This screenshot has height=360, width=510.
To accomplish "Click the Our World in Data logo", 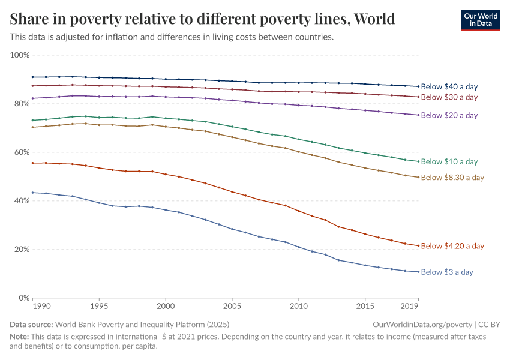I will [480, 20].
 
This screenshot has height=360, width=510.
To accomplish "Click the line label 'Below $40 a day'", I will [449, 87].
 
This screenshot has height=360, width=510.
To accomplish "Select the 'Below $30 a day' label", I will [449, 97].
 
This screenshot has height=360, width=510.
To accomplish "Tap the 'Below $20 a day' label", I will [449, 115].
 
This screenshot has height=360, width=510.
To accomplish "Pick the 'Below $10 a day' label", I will [449, 162].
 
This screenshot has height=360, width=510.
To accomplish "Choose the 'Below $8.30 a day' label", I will [452, 178].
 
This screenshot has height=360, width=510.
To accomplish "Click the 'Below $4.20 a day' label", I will [452, 246].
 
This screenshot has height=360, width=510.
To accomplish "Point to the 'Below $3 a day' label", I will [447, 272].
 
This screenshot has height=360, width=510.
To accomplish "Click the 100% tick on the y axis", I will [20, 55].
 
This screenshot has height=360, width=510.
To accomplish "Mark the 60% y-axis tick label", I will [22, 152].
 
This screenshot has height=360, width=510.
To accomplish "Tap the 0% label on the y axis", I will [24, 298].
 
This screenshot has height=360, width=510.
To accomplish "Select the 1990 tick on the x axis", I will [41, 307].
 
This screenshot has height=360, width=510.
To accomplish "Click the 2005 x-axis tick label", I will [232, 307].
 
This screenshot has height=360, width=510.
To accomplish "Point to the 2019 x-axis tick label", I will [410, 307].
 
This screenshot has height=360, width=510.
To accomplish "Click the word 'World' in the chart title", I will [375, 19].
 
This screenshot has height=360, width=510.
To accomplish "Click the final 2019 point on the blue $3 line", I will [418, 272].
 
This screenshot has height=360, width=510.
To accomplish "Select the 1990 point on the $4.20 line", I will [33, 163].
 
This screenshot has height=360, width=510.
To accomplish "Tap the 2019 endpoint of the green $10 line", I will [418, 161].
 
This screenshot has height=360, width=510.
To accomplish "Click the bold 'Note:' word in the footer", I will [20, 337].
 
